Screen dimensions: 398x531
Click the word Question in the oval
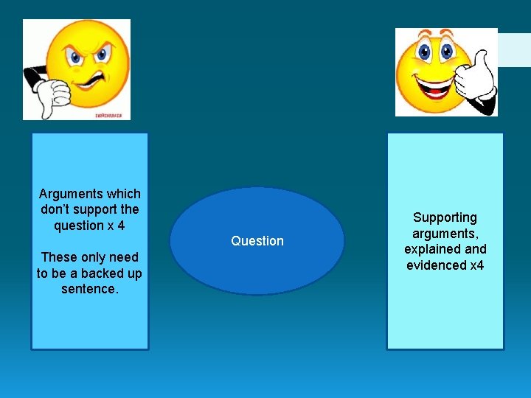click(x=257, y=241)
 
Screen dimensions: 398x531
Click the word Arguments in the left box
click(x=72, y=194)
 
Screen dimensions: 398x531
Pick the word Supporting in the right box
click(x=445, y=217)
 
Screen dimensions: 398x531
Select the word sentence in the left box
click(x=89, y=289)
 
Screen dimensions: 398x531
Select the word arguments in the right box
click(x=445, y=234)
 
